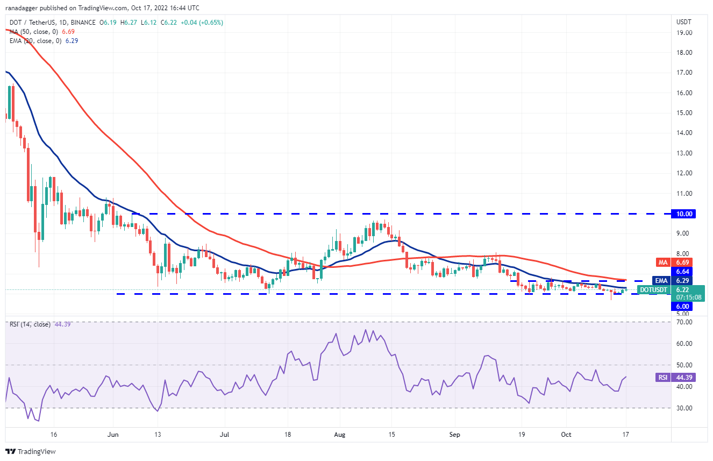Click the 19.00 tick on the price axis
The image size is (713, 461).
click(685, 33)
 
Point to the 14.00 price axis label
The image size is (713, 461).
click(685, 133)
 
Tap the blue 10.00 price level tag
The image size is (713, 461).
click(685, 214)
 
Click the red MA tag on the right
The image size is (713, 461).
click(662, 262)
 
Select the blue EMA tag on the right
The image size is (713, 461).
click(661, 280)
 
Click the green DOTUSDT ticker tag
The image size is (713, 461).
click(653, 290)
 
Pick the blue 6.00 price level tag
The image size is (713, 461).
click(683, 306)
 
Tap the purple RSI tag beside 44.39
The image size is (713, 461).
click(662, 377)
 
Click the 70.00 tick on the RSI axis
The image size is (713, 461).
click(685, 322)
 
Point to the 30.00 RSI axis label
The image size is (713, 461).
click(685, 408)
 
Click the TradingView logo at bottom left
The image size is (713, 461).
click(31, 451)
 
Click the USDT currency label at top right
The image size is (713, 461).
click(683, 22)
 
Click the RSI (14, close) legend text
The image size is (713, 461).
click(30, 324)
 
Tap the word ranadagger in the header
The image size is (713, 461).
click(27, 8)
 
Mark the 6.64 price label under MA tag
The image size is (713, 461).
click(683, 271)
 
